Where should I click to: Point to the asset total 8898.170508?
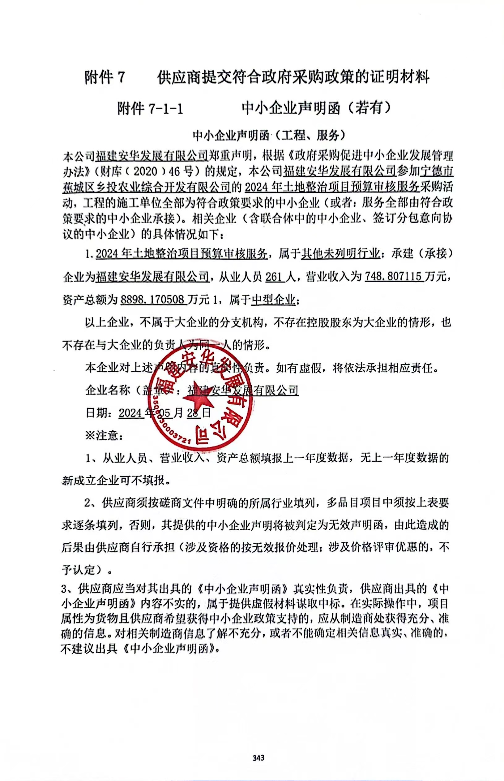coord(152,299)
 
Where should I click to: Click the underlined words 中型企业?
coord(273,299)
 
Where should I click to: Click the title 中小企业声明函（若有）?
coord(317,108)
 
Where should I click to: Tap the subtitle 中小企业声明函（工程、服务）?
coord(269,135)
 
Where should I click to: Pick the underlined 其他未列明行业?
coord(340,254)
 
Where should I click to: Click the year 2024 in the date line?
coord(130,413)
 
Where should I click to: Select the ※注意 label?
coord(104,436)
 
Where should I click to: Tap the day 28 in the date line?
coord(193,413)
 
